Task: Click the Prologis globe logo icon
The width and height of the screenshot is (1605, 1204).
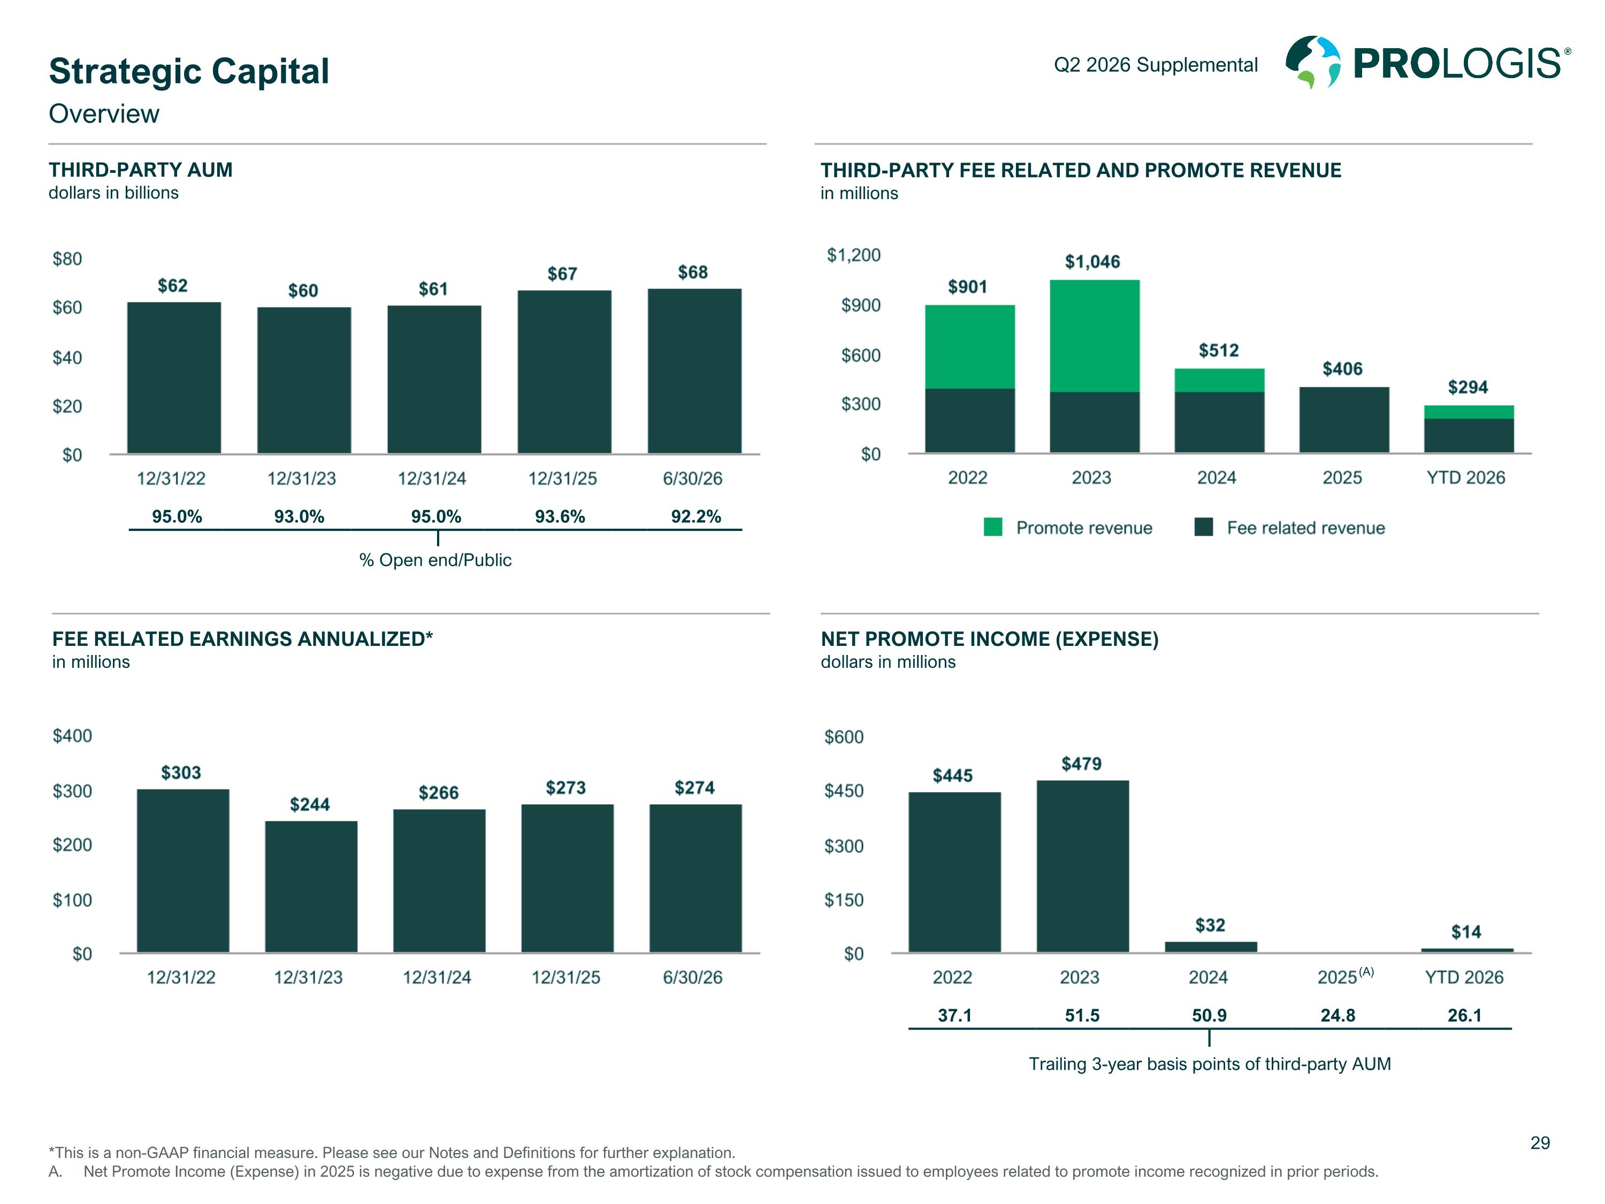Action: pyautogui.click(x=1312, y=63)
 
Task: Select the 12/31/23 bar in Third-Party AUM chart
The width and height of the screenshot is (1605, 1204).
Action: pyautogui.click(x=304, y=380)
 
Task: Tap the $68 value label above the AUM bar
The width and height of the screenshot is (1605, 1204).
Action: pyautogui.click(x=692, y=272)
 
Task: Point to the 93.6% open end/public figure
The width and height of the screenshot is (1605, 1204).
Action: pyautogui.click(x=560, y=517)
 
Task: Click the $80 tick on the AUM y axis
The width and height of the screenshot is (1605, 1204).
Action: pyautogui.click(x=67, y=259)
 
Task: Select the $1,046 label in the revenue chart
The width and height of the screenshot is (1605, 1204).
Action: pyautogui.click(x=1092, y=261)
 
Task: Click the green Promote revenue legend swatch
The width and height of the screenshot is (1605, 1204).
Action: pyautogui.click(x=992, y=527)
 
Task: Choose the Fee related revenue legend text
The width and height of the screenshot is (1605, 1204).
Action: pyautogui.click(x=1305, y=528)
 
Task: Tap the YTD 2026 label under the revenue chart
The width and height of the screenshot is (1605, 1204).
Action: pyautogui.click(x=1466, y=477)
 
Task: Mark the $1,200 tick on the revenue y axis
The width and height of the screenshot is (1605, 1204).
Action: pyautogui.click(x=854, y=255)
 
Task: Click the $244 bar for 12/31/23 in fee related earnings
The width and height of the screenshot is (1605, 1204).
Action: pyautogui.click(x=311, y=887)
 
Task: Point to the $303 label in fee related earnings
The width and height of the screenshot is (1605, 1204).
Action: pyautogui.click(x=181, y=772)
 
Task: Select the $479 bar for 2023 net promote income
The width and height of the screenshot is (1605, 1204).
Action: pyautogui.click(x=1083, y=866)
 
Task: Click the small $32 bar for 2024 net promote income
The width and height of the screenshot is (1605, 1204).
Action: pyautogui.click(x=1211, y=947)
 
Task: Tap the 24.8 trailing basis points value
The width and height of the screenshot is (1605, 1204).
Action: pyautogui.click(x=1337, y=1015)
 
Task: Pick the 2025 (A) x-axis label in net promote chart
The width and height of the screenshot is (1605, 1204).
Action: pyautogui.click(x=1345, y=976)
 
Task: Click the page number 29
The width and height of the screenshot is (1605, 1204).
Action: pyautogui.click(x=1540, y=1143)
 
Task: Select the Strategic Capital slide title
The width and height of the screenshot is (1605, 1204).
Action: pyautogui.click(x=189, y=71)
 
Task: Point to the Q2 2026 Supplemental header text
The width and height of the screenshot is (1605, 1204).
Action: pyautogui.click(x=1155, y=65)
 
